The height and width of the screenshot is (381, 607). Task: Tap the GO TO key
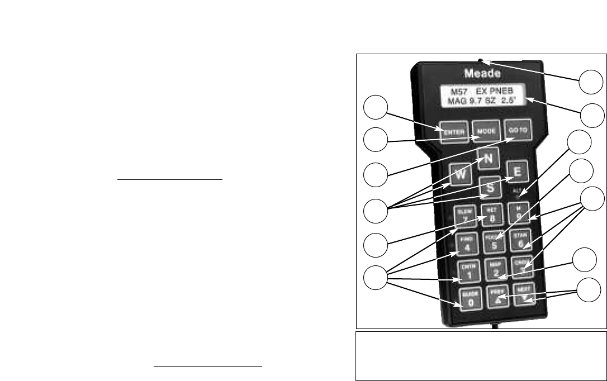tap(516, 131)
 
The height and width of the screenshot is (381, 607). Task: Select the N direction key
tap(488, 159)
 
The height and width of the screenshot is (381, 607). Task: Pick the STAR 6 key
tap(521, 240)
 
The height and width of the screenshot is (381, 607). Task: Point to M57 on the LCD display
tap(452, 91)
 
